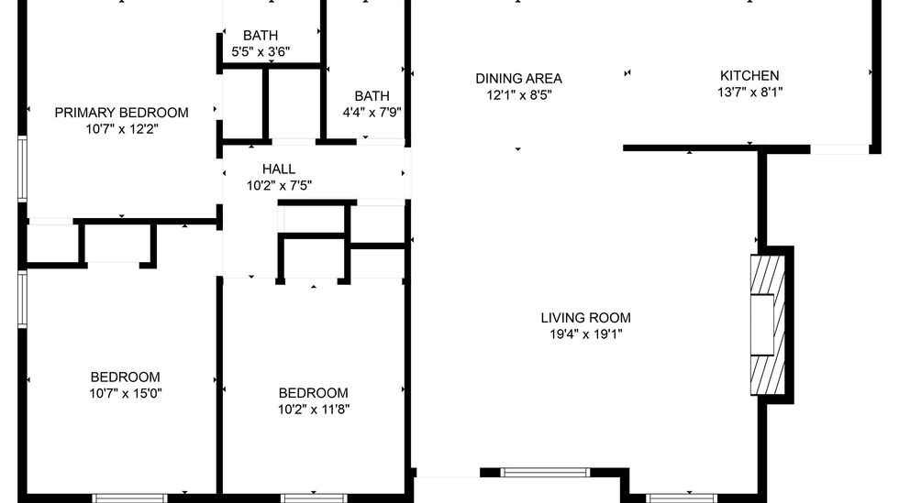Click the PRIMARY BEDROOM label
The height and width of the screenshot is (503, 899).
tap(121, 113)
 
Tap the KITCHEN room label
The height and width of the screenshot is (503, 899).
tap(749, 76)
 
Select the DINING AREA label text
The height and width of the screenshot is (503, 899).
tap(519, 79)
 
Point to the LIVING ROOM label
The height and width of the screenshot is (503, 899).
tap(586, 318)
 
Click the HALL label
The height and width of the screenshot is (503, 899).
tap(279, 169)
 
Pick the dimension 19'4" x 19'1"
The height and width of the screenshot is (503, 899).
tap(586, 334)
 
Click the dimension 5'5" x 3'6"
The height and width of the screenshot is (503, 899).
tap(261, 51)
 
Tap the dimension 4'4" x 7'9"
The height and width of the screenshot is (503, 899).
tap(372, 113)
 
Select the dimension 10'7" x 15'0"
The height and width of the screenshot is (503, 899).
tap(126, 394)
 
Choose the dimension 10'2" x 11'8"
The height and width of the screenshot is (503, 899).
tap(314, 409)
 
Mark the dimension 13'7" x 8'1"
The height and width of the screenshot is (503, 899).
tap(750, 92)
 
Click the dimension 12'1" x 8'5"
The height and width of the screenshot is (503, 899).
tap(519, 95)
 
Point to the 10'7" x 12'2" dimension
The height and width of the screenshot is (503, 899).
tap(121, 129)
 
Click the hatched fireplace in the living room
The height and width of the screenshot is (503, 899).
tap(768, 325)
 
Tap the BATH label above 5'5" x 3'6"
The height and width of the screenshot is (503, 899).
tap(261, 36)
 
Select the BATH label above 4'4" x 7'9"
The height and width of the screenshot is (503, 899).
tap(372, 96)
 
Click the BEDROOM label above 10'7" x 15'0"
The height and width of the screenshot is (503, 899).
tap(126, 377)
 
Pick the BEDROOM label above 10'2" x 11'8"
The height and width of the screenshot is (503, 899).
tap(314, 393)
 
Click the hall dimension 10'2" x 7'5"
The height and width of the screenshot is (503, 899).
tap(279, 186)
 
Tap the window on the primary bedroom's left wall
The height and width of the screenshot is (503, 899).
tap(22, 169)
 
